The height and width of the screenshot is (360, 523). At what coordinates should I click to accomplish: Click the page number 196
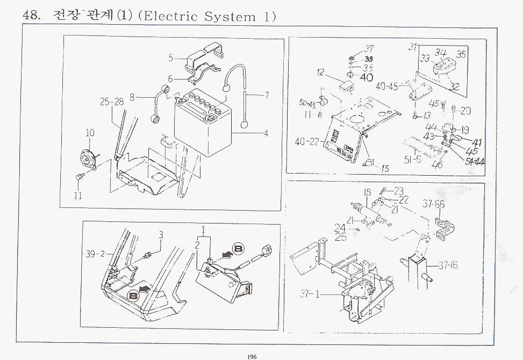click(x=252, y=355)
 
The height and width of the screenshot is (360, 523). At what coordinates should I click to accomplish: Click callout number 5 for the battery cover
click(x=170, y=57)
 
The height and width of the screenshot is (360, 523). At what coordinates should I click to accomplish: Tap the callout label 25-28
click(x=111, y=101)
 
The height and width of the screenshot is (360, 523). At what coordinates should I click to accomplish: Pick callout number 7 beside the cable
click(x=266, y=95)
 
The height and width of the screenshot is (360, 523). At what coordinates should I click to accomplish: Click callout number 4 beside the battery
click(x=266, y=134)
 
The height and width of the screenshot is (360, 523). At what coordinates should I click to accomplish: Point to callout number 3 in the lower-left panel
click(x=160, y=234)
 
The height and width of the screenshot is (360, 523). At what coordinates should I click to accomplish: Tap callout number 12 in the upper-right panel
click(x=320, y=72)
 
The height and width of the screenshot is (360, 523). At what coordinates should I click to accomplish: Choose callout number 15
click(x=385, y=168)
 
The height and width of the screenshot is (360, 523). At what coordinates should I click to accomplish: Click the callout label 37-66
click(x=433, y=204)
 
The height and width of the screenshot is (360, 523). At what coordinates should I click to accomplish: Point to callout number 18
click(x=367, y=193)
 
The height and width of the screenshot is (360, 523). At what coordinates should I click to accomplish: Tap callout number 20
click(x=465, y=111)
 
